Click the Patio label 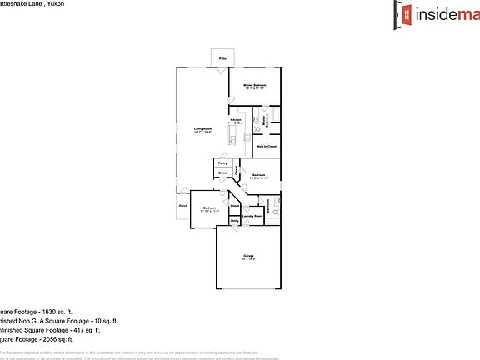(222, 59)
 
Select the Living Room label (202, 129)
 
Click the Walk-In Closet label (267, 147)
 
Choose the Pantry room (222, 163)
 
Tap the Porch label (182, 205)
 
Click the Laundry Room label (252, 217)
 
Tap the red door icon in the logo (406, 12)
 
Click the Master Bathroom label (265, 120)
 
